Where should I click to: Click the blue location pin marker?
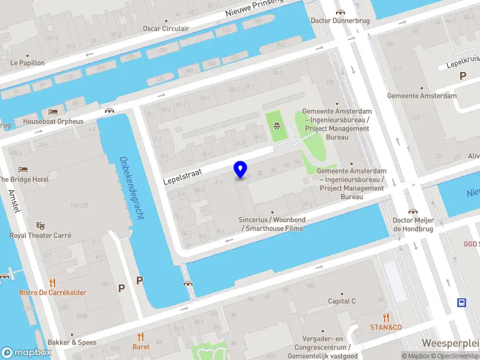tap(241, 170)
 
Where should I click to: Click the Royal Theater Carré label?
tap(40, 235)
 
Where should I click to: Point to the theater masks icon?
tap(40, 226)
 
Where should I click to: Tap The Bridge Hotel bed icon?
tap(23, 170)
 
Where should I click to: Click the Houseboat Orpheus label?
tap(53, 121)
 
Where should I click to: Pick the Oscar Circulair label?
tap(166, 28)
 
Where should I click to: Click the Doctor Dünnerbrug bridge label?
tap(340, 20)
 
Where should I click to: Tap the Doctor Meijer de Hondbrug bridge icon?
tap(413, 211)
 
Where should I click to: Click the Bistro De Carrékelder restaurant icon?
tap(52, 283)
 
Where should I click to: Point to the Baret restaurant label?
tap(141, 346)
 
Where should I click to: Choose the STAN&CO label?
tap(386, 327)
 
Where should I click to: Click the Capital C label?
tap(341, 301)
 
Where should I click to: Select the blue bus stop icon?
tap(463, 302)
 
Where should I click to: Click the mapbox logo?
tap(26, 353)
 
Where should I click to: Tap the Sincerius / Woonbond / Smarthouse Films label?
tap(272, 224)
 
